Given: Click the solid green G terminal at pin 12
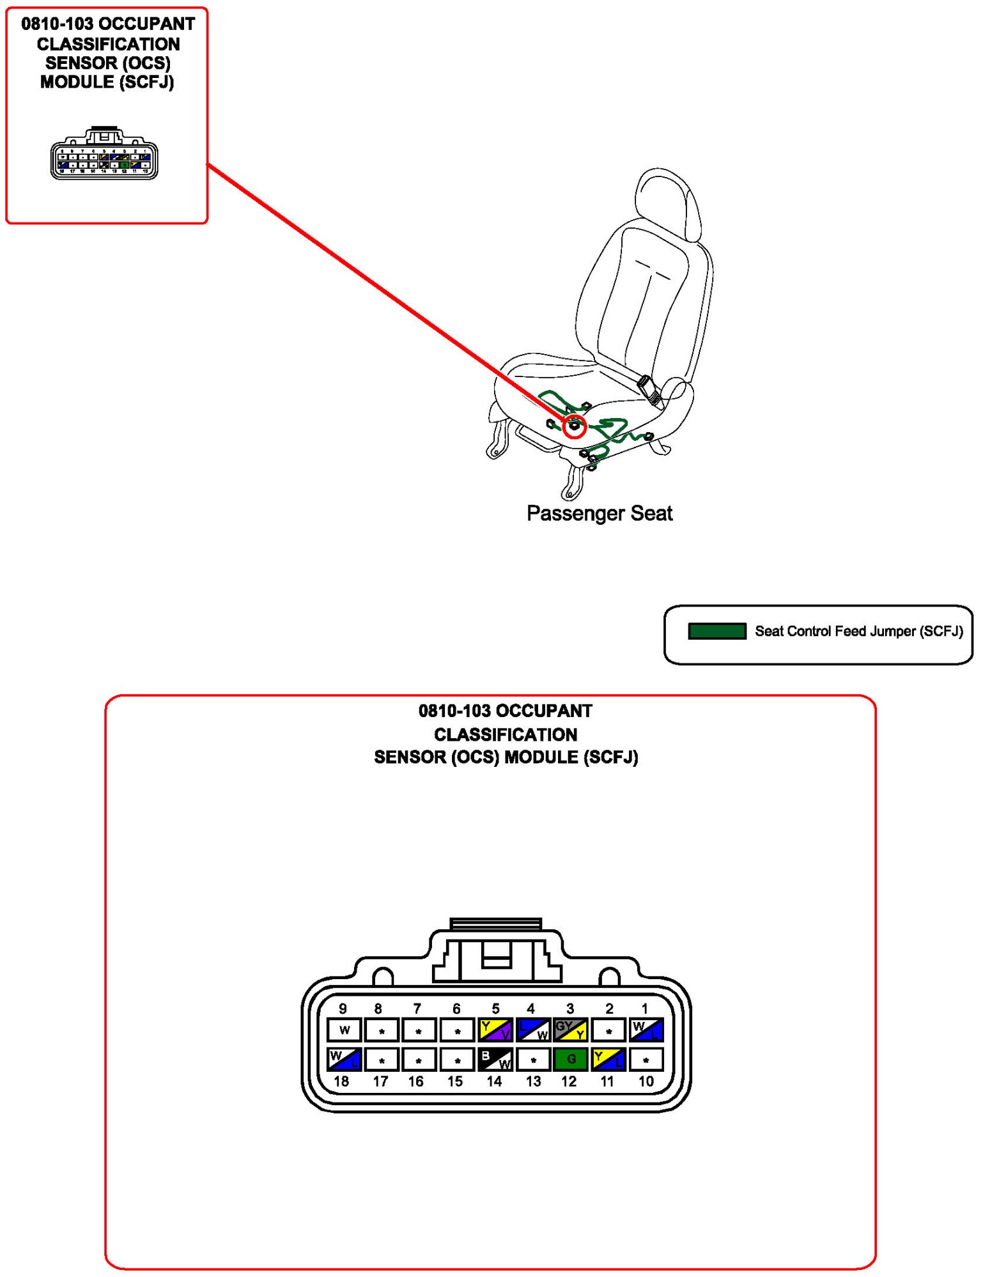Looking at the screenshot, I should point(569,1059).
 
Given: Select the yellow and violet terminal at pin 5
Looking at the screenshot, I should point(495,1030).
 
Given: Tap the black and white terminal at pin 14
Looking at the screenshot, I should point(495,1059).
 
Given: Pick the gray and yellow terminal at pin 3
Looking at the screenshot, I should point(569,1030).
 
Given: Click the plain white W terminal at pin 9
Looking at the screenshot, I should point(344,1030).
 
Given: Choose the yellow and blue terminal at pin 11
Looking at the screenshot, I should point(607,1059).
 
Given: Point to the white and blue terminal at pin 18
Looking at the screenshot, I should point(344,1059).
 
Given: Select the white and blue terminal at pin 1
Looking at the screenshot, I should point(646,1030).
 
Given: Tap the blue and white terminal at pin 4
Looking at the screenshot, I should point(532,1030).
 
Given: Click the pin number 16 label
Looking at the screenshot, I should point(416,1081).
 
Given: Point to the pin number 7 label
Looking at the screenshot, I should point(417,1009).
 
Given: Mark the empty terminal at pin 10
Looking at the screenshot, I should point(646,1059).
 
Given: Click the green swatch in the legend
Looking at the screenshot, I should point(716,631).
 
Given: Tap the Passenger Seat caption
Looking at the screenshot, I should point(599,513).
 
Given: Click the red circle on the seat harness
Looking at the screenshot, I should point(575,426).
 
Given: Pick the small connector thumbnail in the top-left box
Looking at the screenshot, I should point(104,154).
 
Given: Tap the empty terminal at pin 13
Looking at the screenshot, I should point(532,1059).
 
